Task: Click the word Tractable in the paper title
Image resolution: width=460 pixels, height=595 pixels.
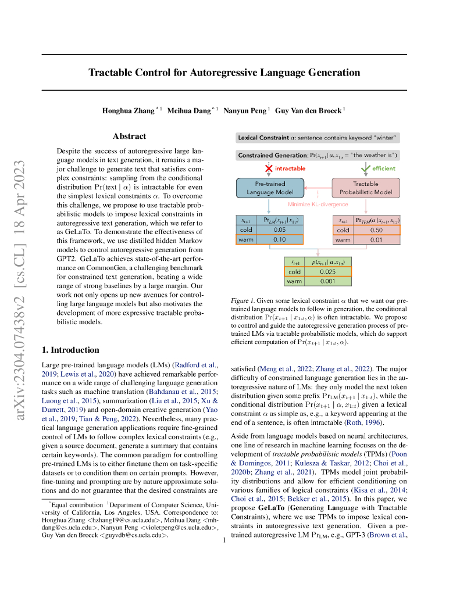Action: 110,73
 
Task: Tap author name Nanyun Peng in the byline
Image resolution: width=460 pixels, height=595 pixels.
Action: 247,110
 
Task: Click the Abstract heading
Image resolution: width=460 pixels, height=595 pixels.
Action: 129,136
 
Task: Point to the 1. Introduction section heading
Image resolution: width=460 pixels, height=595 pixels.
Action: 70,350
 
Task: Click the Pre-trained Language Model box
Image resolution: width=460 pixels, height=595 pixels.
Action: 269,188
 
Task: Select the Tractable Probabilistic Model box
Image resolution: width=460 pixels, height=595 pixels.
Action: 365,188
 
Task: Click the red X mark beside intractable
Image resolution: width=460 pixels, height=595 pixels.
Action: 269,169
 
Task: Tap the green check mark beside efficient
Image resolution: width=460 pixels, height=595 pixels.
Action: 365,169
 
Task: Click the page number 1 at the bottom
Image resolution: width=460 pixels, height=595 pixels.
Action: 224,540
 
